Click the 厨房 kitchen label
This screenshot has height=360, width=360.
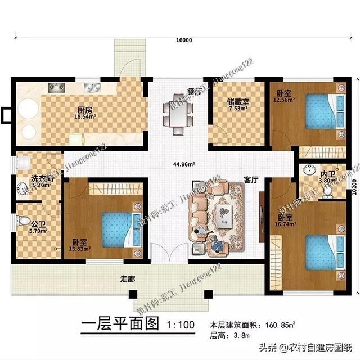coord(85,110)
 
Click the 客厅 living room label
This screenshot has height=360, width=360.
coord(251,180)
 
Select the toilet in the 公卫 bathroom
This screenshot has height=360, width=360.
coord(24,220)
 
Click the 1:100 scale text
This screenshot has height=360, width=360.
coord(181,325)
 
